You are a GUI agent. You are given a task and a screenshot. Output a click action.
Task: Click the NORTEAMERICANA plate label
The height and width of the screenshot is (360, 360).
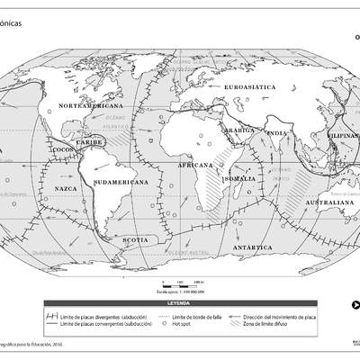pyautogui.click(x=86, y=106)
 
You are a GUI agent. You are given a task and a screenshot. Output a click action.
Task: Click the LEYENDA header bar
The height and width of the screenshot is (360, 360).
pyautogui.click(x=179, y=303)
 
